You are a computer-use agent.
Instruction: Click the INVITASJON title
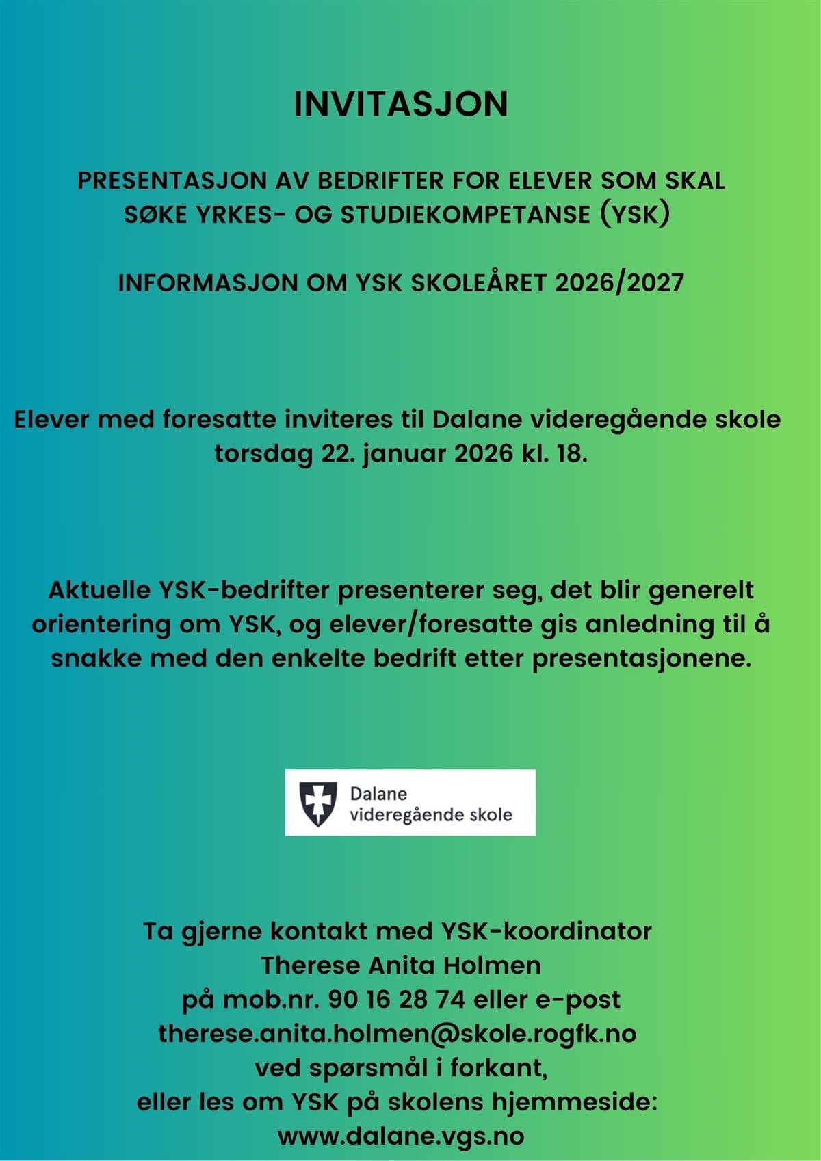pyautogui.click(x=401, y=104)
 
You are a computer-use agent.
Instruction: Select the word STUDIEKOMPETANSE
pyautogui.click(x=465, y=215)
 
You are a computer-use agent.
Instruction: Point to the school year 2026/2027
pyautogui.click(x=619, y=283)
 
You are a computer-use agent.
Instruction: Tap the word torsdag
pyautogui.click(x=263, y=453)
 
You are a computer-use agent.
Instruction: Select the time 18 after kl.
pyautogui.click(x=569, y=453)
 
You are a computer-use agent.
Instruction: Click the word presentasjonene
pyautogui.click(x=641, y=658)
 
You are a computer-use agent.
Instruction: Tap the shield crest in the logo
pyautogui.click(x=318, y=803)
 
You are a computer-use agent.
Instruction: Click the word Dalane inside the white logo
pyautogui.click(x=378, y=794)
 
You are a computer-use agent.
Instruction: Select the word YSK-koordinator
pyautogui.click(x=546, y=931)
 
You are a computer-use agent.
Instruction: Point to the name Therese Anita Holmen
pyautogui.click(x=401, y=965)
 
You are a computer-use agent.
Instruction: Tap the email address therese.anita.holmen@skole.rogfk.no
pyautogui.click(x=398, y=1034)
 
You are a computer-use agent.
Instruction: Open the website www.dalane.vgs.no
pyautogui.click(x=401, y=1136)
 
